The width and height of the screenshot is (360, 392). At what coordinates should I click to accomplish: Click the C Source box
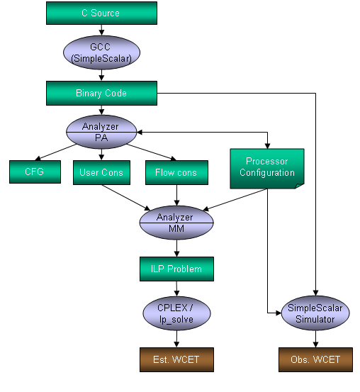point(101,13)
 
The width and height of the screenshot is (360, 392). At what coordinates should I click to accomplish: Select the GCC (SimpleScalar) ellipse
point(101,52)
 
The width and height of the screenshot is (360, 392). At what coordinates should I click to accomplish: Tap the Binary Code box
point(101,93)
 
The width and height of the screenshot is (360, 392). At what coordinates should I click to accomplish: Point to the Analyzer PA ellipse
point(101,132)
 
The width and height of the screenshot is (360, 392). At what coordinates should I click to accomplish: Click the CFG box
point(35,172)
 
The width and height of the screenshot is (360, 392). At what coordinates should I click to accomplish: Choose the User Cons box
point(101,172)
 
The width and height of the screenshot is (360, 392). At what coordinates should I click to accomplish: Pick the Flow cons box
point(176,172)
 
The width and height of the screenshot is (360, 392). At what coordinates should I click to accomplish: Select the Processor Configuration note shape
point(267,169)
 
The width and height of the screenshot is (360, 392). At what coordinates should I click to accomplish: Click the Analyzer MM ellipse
point(176,223)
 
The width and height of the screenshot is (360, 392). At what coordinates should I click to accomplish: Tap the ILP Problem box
point(176,269)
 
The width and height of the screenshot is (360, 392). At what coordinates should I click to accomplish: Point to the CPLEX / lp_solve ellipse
point(176,313)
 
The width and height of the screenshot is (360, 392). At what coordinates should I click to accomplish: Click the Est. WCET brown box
point(176,360)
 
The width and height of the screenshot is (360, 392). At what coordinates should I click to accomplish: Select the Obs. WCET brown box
point(315,360)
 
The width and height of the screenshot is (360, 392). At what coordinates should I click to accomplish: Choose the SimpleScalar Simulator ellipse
point(315,313)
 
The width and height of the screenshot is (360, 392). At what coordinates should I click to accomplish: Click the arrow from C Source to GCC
point(101,30)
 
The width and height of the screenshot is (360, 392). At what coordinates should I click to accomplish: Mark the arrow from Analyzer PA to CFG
point(56,152)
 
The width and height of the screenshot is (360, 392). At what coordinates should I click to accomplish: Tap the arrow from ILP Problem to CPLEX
point(176,289)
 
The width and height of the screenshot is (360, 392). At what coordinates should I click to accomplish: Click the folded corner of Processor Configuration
point(300,186)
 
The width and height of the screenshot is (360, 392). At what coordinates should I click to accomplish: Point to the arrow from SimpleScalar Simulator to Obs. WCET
point(315,339)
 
